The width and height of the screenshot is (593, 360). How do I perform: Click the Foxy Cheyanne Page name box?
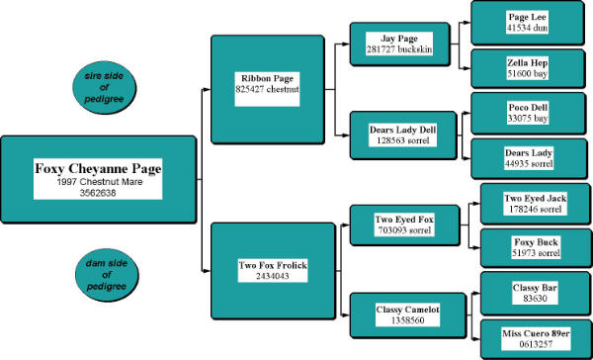pyautogui.click(x=98, y=179)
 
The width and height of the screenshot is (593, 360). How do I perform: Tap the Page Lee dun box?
pyautogui.click(x=527, y=23)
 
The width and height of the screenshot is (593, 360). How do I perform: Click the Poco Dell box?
pyautogui.click(x=527, y=113)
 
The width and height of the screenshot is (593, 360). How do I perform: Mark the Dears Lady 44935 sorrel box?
pyautogui.click(x=527, y=158)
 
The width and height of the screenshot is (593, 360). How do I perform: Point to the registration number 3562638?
pyautogui.click(x=98, y=194)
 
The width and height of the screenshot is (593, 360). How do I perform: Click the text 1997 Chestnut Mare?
pyautogui.click(x=98, y=182)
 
